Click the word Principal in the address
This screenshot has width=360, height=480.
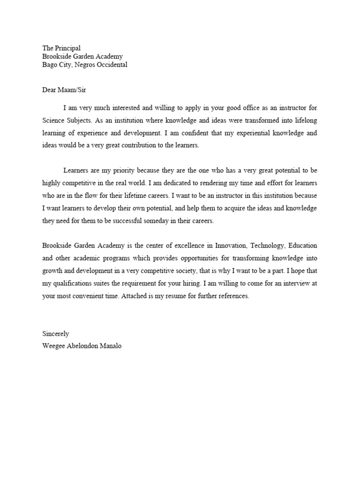(67, 48)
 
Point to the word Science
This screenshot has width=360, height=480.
(54, 120)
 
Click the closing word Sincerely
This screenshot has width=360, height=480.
(56, 334)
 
